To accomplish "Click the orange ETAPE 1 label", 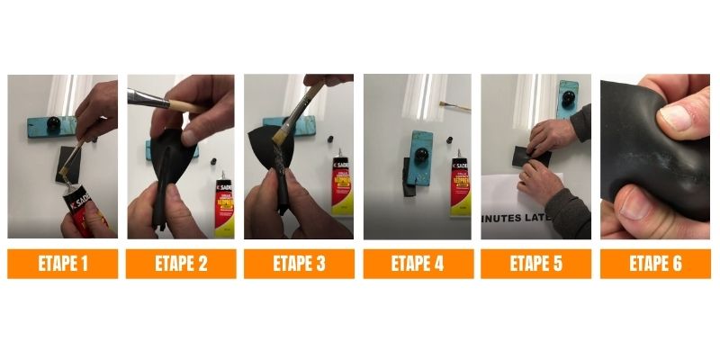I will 62,264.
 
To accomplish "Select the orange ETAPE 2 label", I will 181,264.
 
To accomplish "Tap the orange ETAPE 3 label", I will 299,264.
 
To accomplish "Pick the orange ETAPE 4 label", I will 418,264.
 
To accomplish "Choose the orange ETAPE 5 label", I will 535,264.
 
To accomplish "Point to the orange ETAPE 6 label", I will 654,264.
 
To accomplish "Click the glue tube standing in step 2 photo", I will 224,202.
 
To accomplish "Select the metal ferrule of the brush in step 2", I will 148,97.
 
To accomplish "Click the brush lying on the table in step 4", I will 454,106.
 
